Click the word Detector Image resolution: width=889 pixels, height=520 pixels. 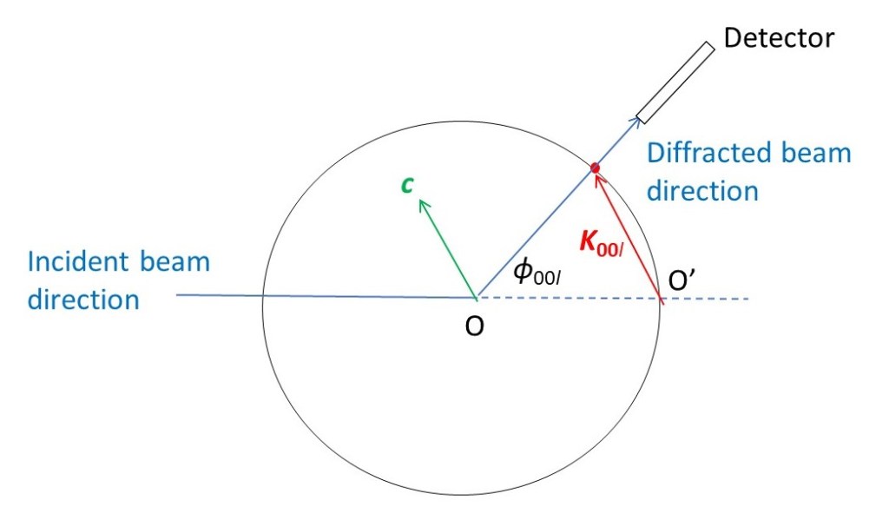pos(779,38)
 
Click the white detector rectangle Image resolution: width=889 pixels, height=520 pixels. pos(675,82)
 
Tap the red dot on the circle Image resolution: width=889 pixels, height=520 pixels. pos(595,168)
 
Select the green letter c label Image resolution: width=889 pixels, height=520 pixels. pos(407,185)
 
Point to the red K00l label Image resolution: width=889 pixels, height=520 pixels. pos(601,244)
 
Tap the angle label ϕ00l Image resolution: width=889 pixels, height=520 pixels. pos(537,271)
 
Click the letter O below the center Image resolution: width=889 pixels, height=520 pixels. pos(475,326)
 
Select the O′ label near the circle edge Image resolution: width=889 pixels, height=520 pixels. pos(681,280)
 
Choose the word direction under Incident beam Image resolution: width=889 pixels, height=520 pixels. pos(83,299)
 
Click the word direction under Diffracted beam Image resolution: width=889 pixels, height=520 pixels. pos(702,190)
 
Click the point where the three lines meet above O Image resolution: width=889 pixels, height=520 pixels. pos(477,297)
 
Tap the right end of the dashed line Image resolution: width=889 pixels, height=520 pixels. pos(749,299)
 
